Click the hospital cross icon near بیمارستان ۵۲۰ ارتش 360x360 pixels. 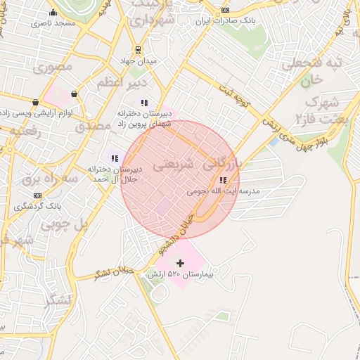click(x=180, y=263)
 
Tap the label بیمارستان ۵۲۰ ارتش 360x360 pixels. click(x=179, y=274)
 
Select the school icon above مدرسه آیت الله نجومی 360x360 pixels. click(x=223, y=180)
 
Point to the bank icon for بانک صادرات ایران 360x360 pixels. click(x=225, y=10)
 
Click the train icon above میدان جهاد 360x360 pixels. click(x=139, y=51)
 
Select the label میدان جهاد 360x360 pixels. click(x=139, y=62)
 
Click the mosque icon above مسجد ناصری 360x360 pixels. click(x=53, y=13)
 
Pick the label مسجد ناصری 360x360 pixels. click(x=53, y=24)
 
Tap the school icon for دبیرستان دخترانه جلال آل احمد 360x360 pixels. click(x=114, y=158)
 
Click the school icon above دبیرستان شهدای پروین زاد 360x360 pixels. click(x=144, y=103)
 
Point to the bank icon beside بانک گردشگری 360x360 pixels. click(x=37, y=195)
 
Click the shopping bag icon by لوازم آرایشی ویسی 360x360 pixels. click(x=74, y=93)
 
